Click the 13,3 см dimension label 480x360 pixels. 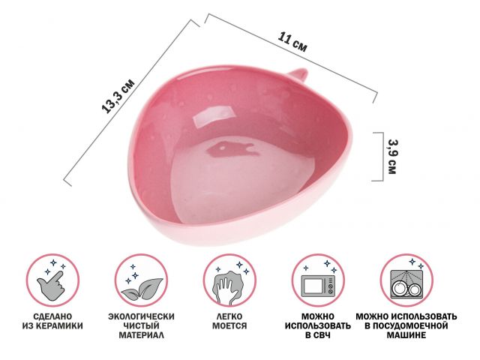(x=118, y=96)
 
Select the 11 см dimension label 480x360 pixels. (x=292, y=42)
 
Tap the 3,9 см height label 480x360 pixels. (x=392, y=157)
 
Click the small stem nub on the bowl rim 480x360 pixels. (x=297, y=73)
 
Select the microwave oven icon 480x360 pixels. (x=318, y=286)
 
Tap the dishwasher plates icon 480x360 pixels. (x=406, y=285)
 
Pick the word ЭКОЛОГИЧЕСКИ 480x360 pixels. (x=142, y=316)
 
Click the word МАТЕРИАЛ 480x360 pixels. (x=142, y=335)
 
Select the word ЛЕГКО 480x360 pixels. (x=229, y=316)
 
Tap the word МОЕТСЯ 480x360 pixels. (x=229, y=325)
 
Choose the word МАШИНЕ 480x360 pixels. (x=406, y=335)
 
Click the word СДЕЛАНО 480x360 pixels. (x=52, y=316)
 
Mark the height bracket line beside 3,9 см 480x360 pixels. (x=382, y=157)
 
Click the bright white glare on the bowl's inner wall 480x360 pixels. (x=212, y=117)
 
